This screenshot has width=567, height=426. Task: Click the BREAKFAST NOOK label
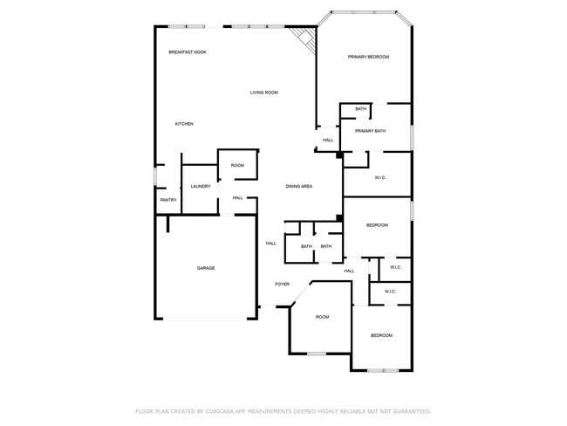tap(188, 52)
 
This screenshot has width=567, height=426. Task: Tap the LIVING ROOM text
tap(263, 93)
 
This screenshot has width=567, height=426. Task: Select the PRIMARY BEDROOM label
tap(368, 57)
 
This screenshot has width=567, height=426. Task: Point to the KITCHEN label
tap(184, 124)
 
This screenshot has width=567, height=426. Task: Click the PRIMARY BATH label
tap(370, 131)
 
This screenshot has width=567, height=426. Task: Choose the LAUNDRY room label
tap(201, 186)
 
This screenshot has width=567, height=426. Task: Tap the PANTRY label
tap(168, 200)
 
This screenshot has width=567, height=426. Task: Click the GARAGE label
tap(206, 268)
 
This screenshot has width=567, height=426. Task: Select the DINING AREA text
tap(299, 186)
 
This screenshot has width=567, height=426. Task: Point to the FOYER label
tap(283, 284)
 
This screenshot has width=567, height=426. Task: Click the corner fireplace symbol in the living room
tap(304, 38)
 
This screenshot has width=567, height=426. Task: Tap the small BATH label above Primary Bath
tap(360, 109)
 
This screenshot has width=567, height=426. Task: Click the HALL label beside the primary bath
tap(328, 140)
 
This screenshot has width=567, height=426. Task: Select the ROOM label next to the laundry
tap(237, 165)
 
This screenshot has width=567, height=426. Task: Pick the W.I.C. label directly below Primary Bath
tap(380, 178)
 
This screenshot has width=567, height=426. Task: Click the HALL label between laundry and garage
tap(237, 198)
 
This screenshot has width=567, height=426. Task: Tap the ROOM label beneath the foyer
tap(323, 317)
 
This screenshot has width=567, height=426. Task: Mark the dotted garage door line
tap(206, 318)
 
